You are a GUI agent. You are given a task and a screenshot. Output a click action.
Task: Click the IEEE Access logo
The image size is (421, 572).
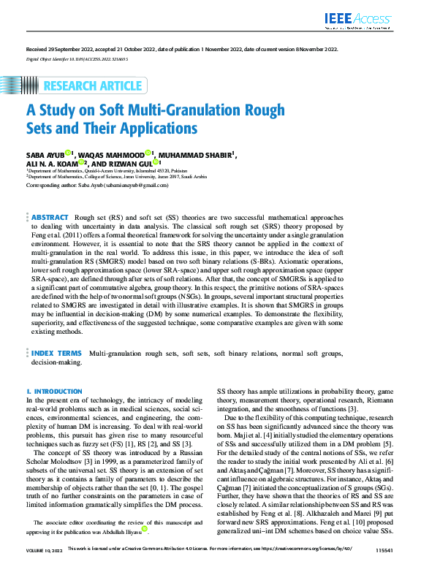click(x=360, y=19)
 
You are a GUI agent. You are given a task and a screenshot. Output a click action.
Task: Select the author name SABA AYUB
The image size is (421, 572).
click(x=45, y=154)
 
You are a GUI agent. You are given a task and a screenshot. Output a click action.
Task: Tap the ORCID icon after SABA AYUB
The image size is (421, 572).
click(x=68, y=152)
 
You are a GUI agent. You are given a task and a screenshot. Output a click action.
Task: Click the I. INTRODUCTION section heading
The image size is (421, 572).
click(x=54, y=392)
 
